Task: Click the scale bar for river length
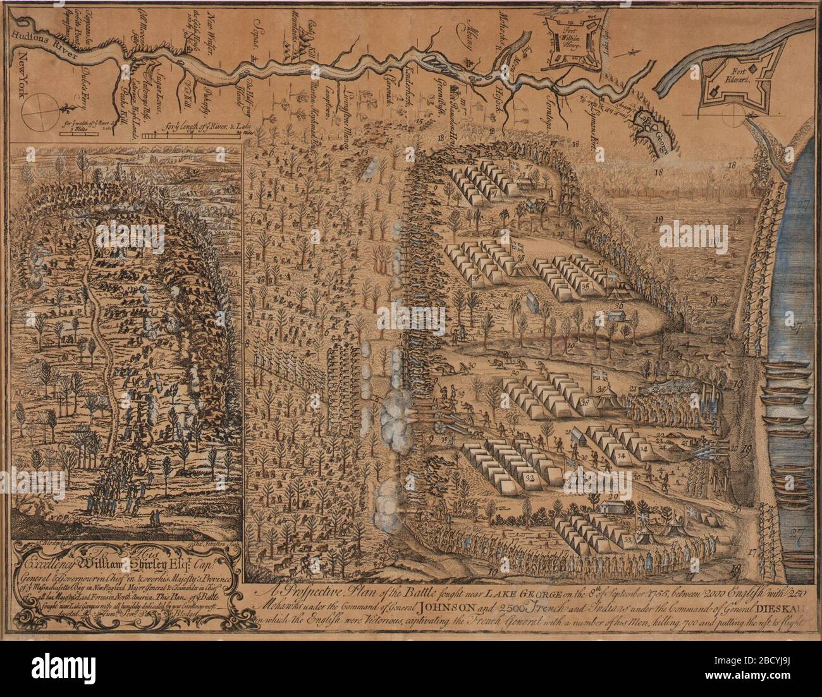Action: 177,135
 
